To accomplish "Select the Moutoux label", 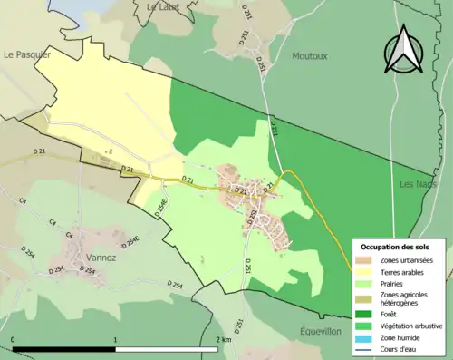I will (309, 55).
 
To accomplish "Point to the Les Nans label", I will (418, 183).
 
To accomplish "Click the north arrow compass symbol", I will (400, 52).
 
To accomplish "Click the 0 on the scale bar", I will (13, 340).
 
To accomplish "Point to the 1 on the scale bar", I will (115, 340).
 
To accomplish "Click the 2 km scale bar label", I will (222, 340).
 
